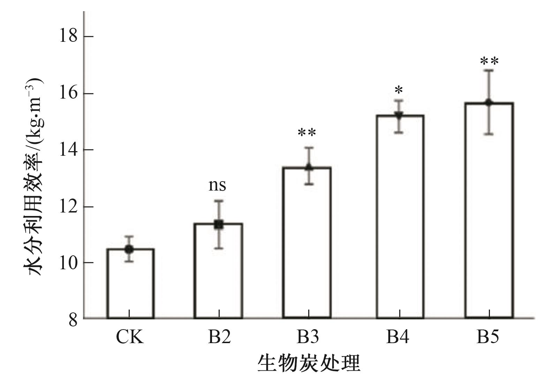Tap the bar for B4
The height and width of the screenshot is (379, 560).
coord(400,216)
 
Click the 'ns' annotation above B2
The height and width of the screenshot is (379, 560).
coord(217,185)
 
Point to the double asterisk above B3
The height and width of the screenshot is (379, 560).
coord(307,133)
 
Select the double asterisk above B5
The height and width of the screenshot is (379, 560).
coord(489,62)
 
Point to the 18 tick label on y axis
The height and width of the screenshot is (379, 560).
coord(68,36)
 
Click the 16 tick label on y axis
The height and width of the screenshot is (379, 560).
coord(68,93)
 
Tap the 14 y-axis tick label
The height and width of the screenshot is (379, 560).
coord(68,150)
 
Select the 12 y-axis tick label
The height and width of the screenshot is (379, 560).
coord(68,207)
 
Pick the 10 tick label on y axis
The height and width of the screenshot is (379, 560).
coord(68,263)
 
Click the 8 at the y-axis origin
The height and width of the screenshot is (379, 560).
coord(73,319)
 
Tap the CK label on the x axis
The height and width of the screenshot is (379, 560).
coord(130,337)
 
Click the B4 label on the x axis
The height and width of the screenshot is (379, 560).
coord(398,337)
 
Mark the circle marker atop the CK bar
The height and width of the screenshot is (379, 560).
coord(129,249)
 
